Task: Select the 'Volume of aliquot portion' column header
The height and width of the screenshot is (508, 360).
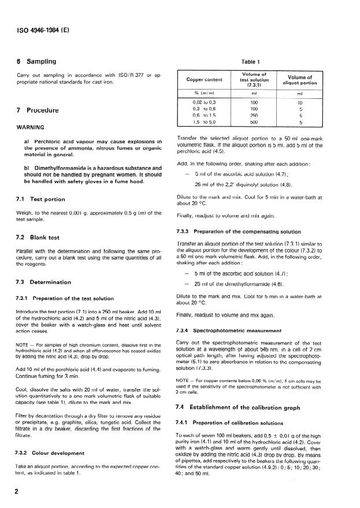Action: pyautogui.click(x=300, y=80)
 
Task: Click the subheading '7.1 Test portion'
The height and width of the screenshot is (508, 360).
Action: pyautogui.click(x=40, y=199)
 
